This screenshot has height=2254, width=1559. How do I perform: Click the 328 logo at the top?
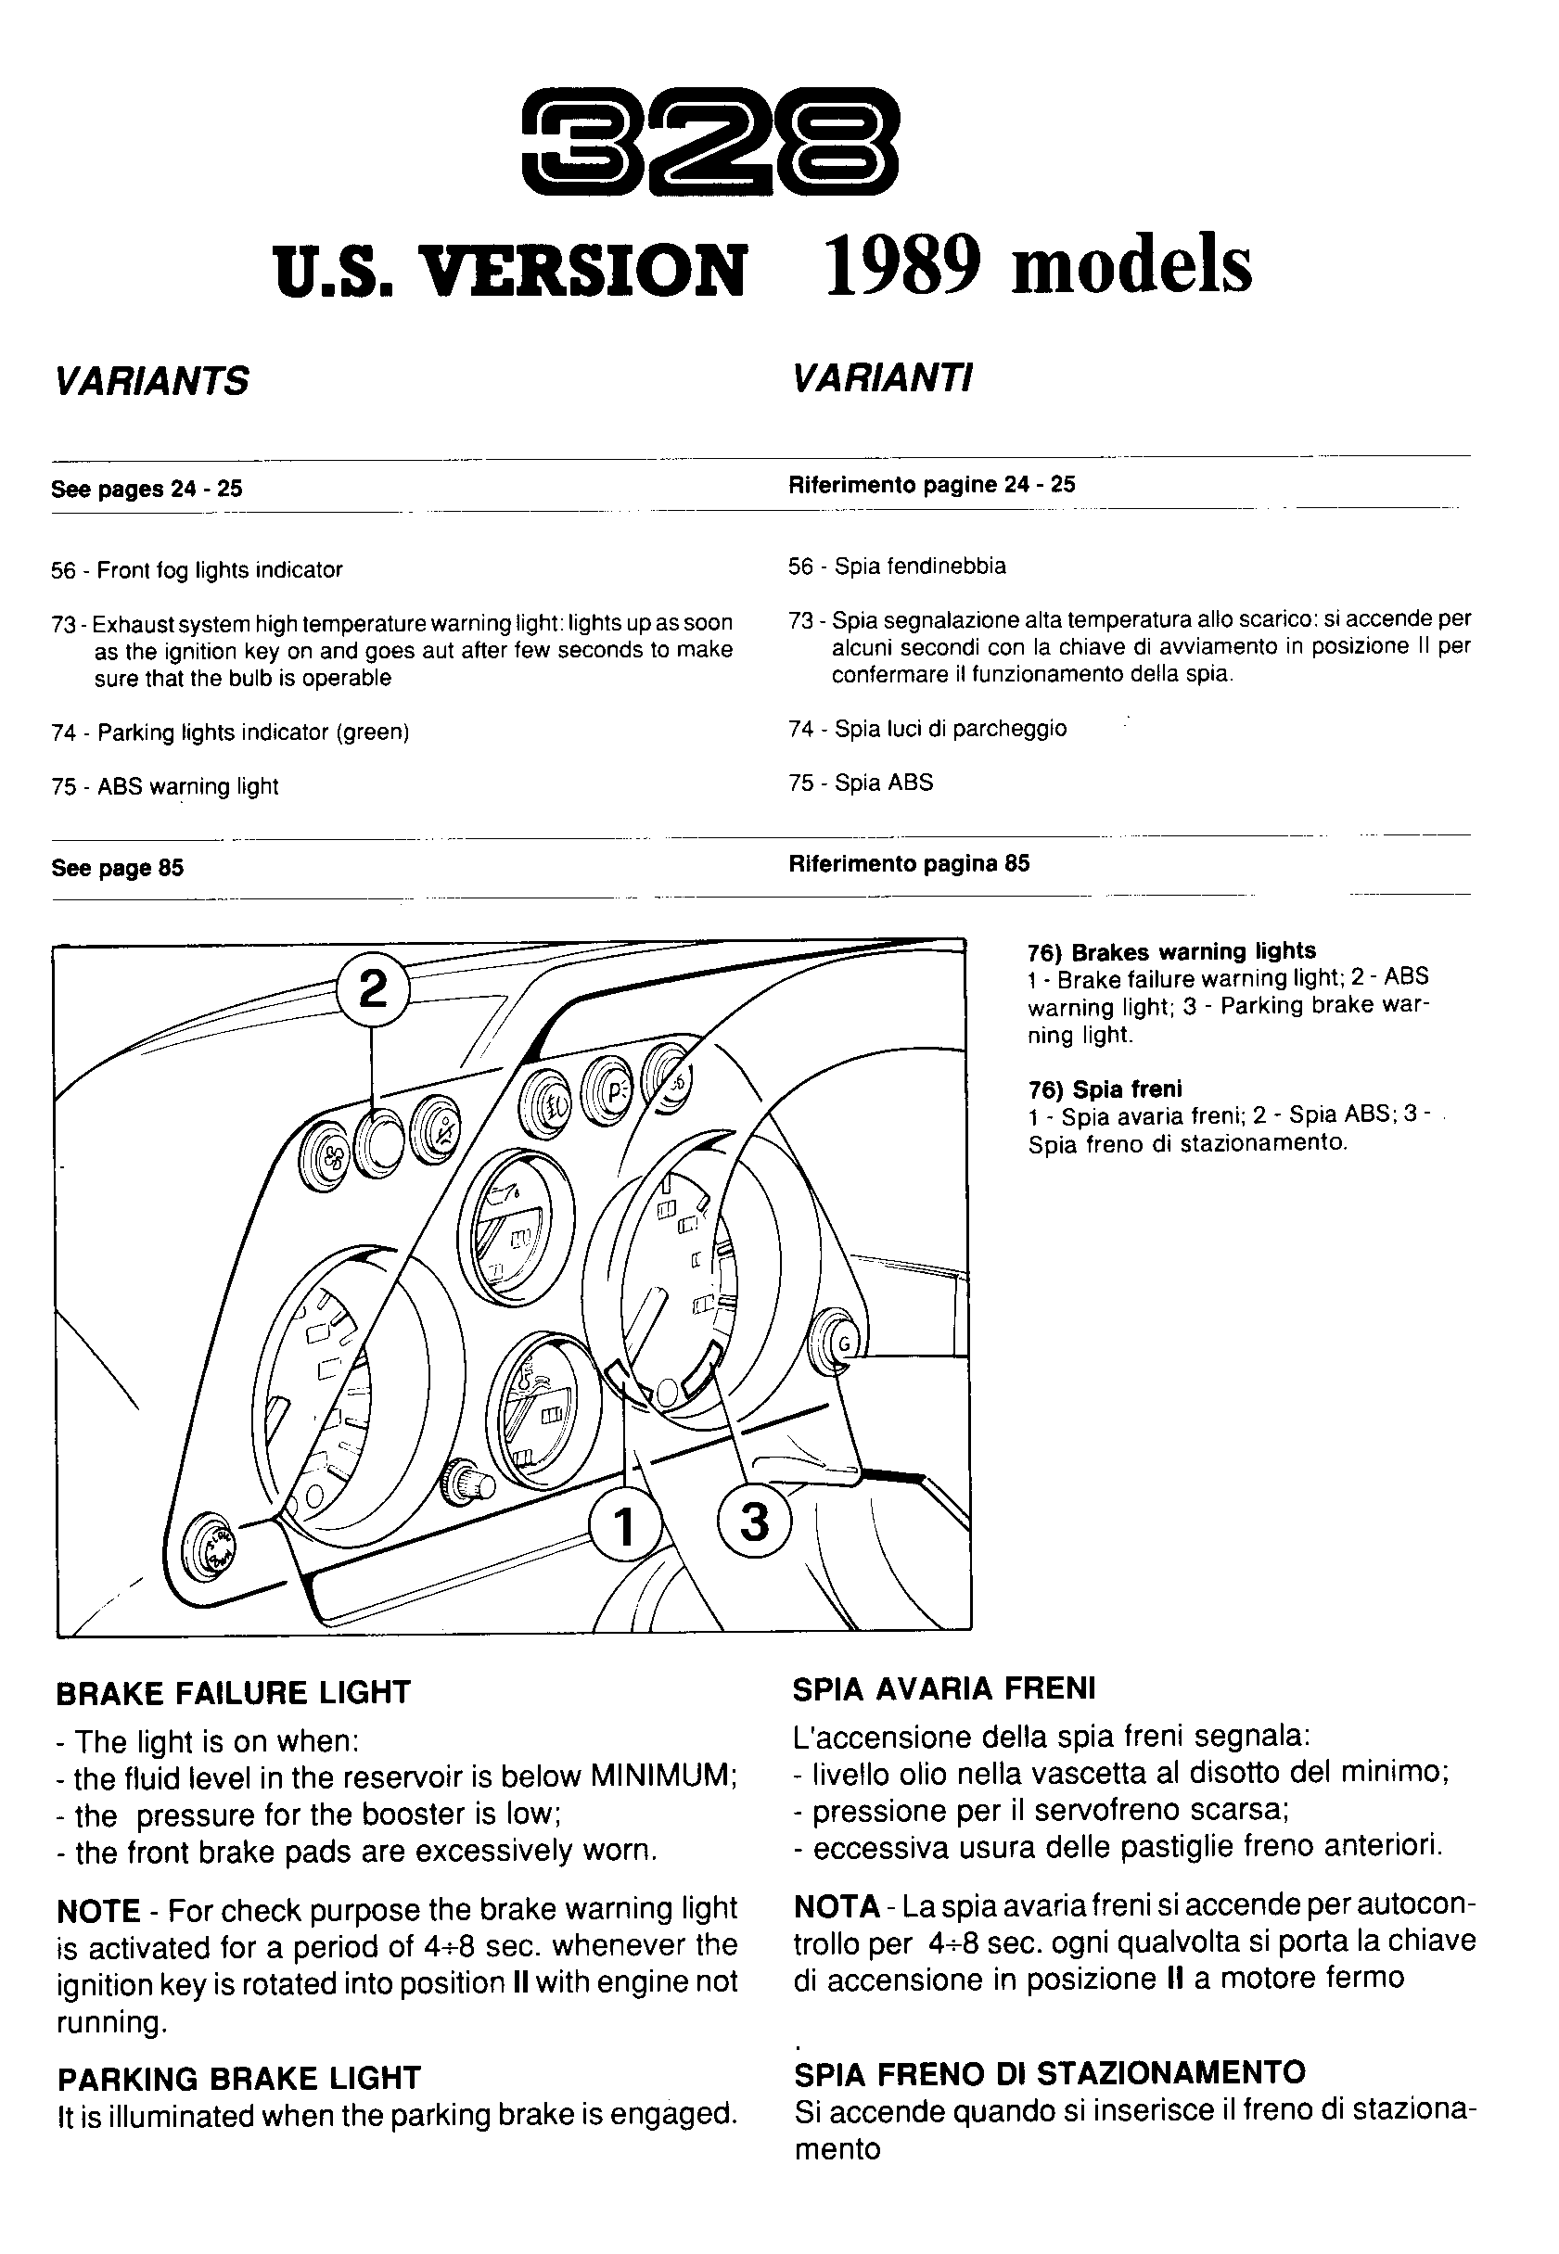point(709,143)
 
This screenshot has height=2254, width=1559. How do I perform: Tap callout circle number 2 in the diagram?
point(372,991)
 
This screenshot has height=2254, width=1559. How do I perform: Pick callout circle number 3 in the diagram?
point(753,1521)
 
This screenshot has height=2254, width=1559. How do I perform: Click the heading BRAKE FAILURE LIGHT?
point(234,1692)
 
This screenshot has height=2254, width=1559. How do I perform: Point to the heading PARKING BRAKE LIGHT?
point(238,2077)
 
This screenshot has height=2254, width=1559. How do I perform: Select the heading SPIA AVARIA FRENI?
point(943,1688)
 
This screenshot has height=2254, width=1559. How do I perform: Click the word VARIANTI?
point(882,378)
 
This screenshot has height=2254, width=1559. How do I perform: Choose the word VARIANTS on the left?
point(152,381)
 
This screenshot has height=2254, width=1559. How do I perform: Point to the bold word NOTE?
point(98,1910)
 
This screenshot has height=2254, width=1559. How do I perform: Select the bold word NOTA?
point(837,1906)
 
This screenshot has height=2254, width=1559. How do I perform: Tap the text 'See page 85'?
point(117,868)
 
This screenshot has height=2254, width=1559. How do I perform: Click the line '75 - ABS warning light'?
point(165,786)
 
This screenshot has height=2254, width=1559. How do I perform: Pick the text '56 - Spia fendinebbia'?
point(897,567)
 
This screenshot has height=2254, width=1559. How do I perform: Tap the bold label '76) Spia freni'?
point(1104,1089)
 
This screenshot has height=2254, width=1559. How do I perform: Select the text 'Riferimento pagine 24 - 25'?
point(931,484)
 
